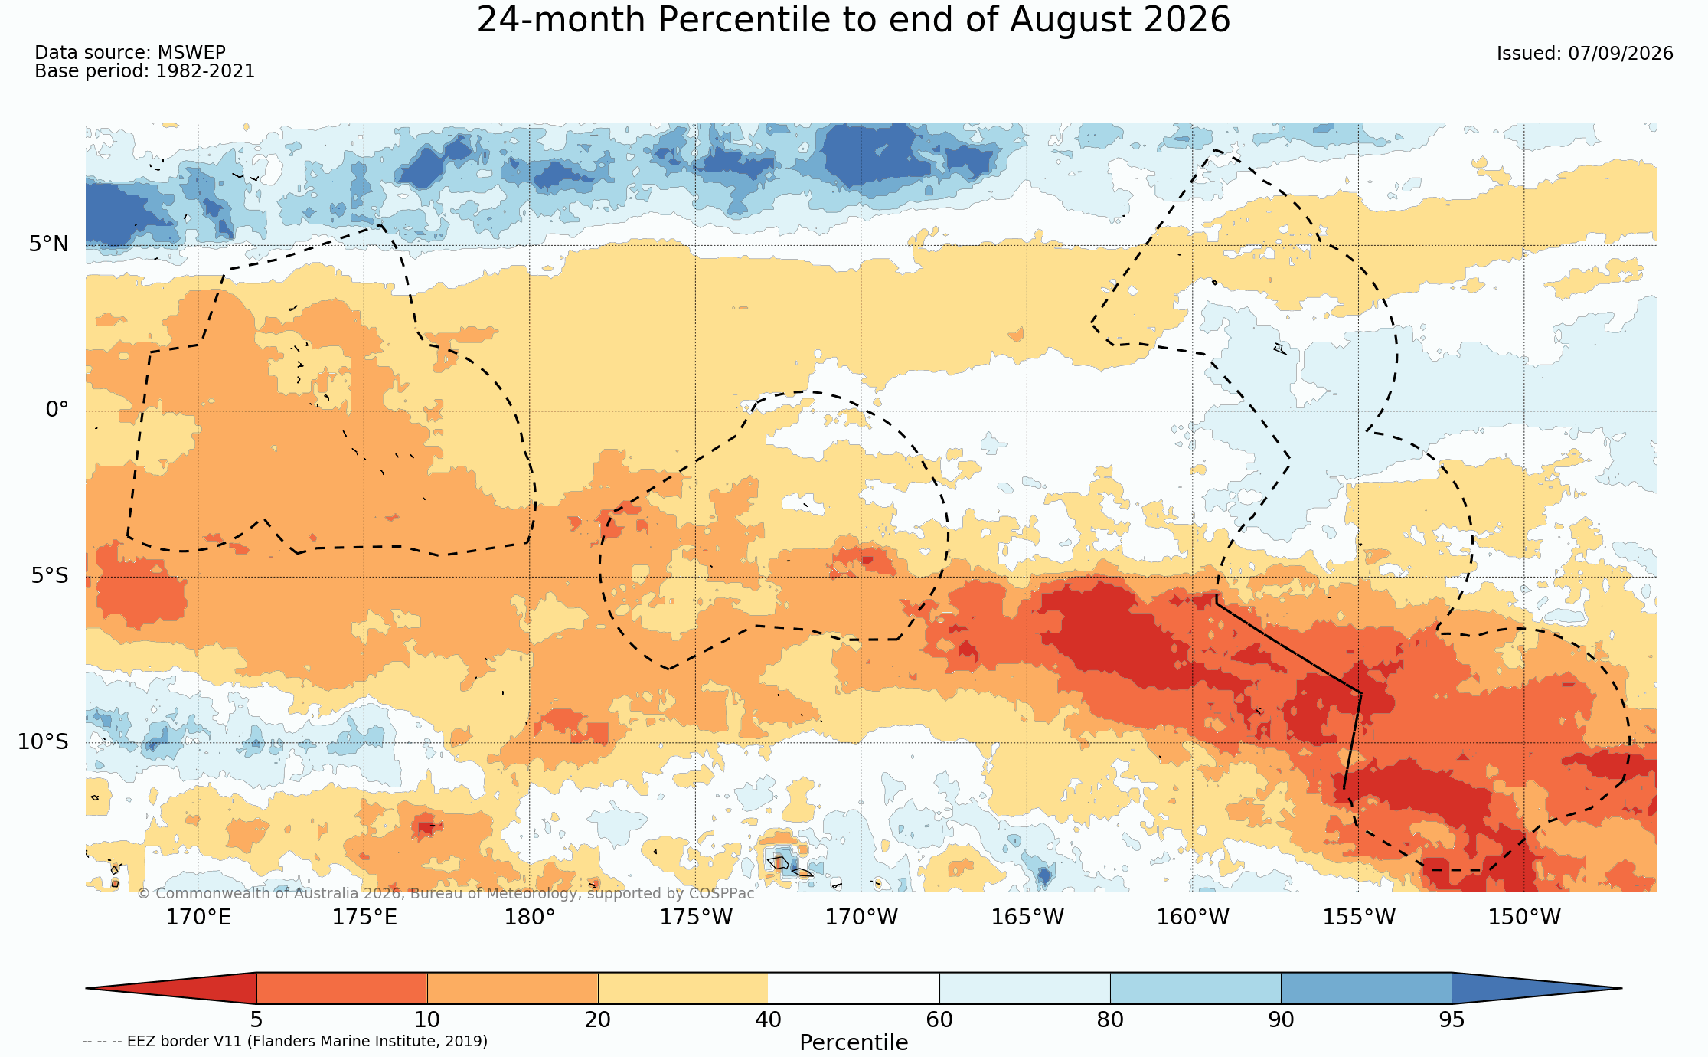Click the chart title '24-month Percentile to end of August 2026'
(854, 20)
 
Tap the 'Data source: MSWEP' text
(130, 53)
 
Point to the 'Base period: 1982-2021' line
(145, 71)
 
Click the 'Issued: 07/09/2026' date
(1585, 54)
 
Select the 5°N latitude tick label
(49, 244)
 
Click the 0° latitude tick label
(57, 410)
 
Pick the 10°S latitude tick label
(43, 741)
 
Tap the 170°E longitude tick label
(198, 917)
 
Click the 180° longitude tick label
(529, 917)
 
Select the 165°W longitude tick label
(1027, 917)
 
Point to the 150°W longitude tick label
(1523, 917)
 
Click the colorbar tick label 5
(256, 1019)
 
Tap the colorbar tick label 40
(769, 1019)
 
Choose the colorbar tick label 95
(1452, 1019)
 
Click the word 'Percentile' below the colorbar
(854, 1042)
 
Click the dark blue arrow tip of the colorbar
(1621, 988)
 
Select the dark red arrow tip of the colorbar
(87, 988)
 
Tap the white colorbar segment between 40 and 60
(854, 988)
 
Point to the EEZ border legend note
(285, 1041)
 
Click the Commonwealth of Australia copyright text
(446, 893)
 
